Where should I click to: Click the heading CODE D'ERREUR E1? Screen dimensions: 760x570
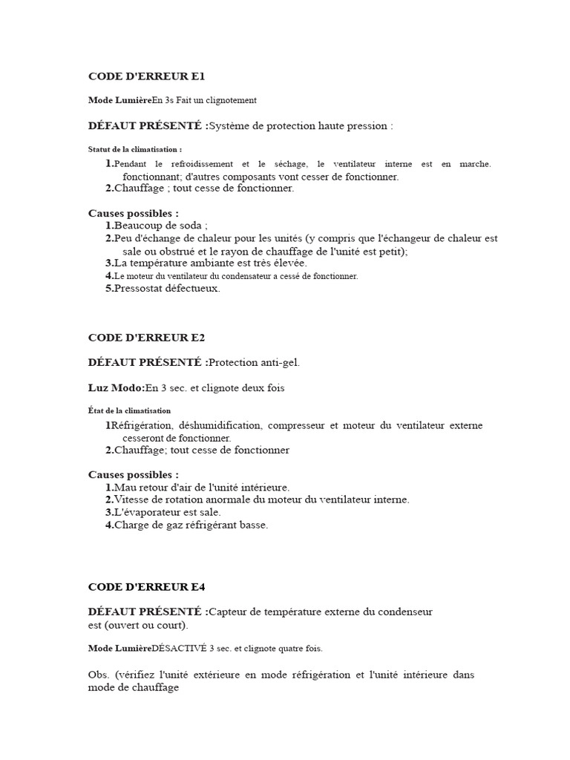click(x=146, y=76)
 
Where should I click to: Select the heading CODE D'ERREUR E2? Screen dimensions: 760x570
click(x=146, y=338)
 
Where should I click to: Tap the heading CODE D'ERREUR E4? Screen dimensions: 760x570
click(x=146, y=587)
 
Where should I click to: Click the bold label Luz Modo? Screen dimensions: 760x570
click(x=116, y=388)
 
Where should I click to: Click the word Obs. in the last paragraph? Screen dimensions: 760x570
click(x=99, y=675)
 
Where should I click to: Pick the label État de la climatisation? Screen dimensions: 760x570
click(x=129, y=410)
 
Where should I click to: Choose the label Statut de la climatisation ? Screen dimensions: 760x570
click(x=134, y=149)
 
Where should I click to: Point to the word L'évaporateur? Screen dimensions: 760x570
click(x=146, y=512)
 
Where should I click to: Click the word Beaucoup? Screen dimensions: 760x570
click(x=140, y=226)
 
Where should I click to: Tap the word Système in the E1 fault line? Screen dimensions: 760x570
click(x=232, y=126)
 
